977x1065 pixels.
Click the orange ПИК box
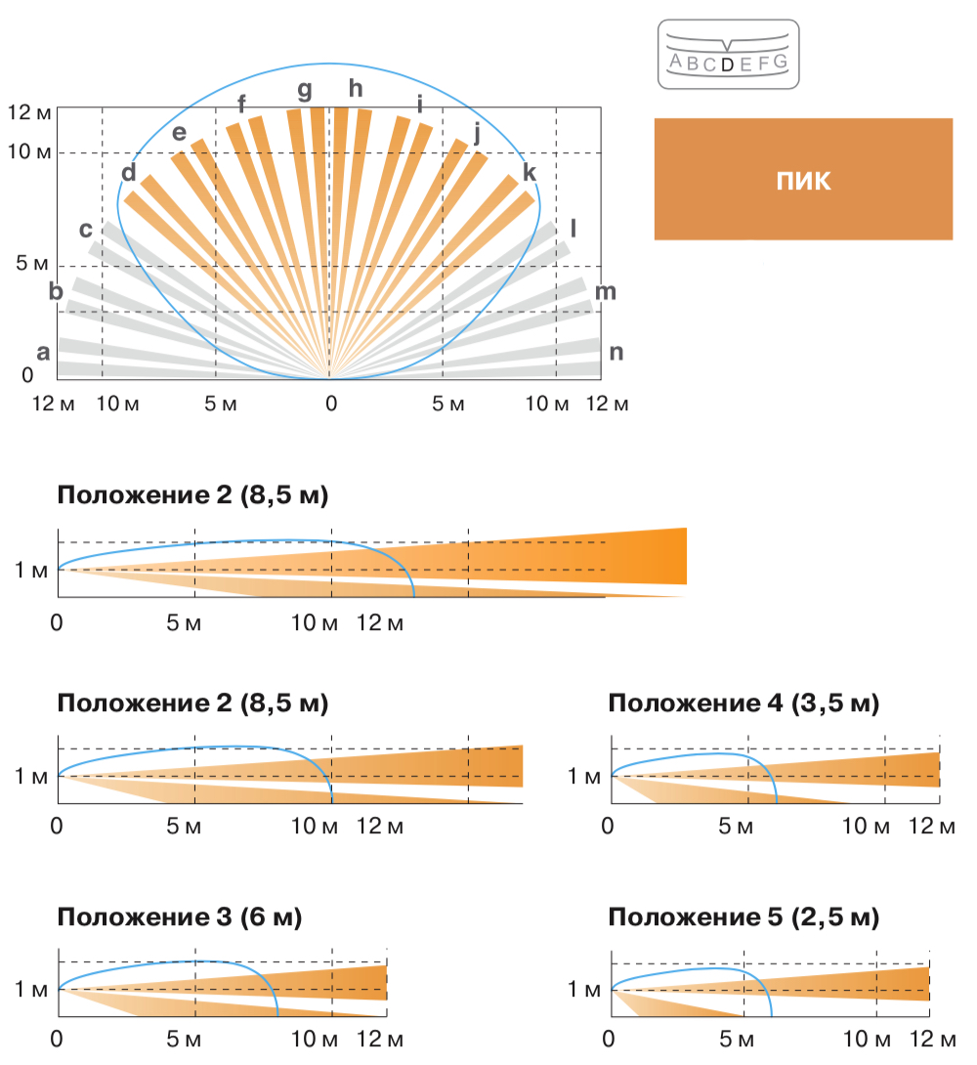[802, 180]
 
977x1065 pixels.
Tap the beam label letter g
[305, 91]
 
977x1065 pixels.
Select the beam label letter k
[530, 173]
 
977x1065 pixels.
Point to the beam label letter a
[42, 353]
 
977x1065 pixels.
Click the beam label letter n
[616, 353]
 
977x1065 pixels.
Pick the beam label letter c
[86, 230]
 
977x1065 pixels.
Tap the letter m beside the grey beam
[606, 291]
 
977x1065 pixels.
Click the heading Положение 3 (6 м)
[180, 917]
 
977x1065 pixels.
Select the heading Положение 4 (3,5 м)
[743, 703]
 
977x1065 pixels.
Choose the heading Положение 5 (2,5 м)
[743, 917]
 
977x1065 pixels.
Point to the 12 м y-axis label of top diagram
[28, 112]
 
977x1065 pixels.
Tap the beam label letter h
[356, 89]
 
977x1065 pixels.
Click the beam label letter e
[179, 132]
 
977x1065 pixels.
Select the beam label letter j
[477, 134]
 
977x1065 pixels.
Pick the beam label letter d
[129, 173]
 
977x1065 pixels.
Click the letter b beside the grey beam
[56, 290]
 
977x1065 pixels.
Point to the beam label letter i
[420, 104]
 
